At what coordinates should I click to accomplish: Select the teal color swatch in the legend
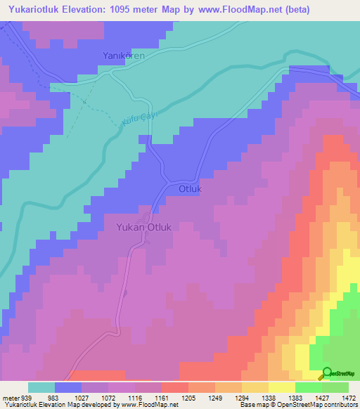(x=41, y=388)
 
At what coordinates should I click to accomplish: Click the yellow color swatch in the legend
(x=281, y=388)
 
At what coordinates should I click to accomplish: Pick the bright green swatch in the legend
(x=308, y=388)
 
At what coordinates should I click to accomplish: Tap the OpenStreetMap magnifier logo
(x=327, y=373)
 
